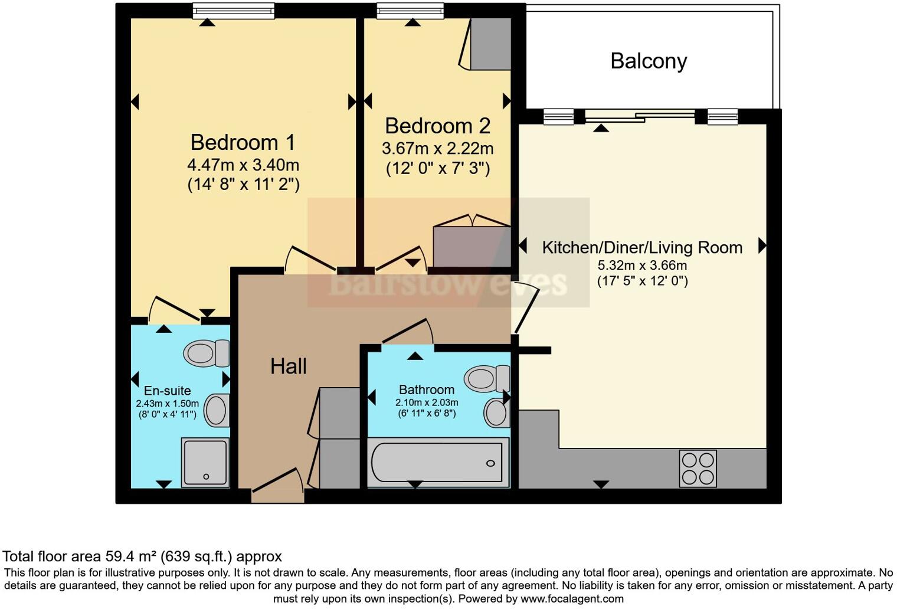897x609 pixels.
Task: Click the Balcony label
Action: pos(649,61)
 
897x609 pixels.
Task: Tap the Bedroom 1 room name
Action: pos(243,142)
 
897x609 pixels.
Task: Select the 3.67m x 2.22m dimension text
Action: pos(438,149)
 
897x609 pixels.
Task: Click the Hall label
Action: pos(289,366)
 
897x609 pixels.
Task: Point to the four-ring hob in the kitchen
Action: pos(698,469)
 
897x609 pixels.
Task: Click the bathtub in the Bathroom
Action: pos(437,463)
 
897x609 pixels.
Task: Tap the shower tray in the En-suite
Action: pos(205,463)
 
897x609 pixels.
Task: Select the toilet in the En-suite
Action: pos(207,353)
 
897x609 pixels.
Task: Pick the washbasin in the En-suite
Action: pos(217,410)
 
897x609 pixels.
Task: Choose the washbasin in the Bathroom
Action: pos(497,412)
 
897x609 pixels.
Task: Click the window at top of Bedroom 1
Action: pos(234,11)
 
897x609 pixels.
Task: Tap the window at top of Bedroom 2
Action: pos(411,11)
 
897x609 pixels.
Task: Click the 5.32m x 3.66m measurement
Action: pos(642,265)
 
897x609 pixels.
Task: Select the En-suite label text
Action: pos(168,391)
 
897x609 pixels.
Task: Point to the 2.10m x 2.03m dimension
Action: pos(427,402)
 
